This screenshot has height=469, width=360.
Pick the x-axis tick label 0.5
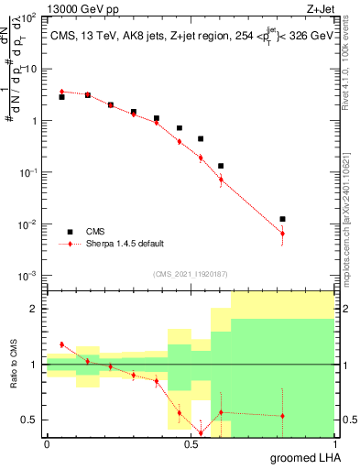[189, 445]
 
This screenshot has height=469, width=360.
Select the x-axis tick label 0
[47, 445]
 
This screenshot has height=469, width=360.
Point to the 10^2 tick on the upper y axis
[29, 17]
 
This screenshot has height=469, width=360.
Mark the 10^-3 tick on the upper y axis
[29, 276]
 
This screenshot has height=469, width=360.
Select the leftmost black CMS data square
[61, 96]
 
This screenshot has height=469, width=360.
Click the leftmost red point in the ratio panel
[61, 344]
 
